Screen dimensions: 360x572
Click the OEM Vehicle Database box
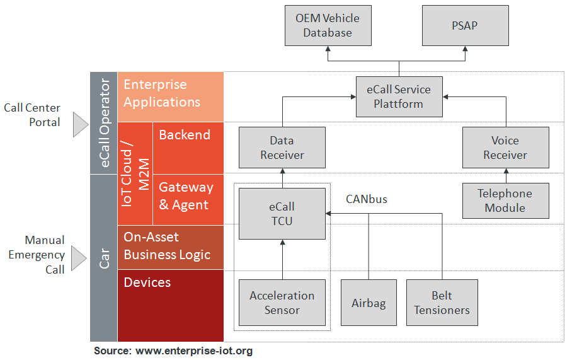click(327, 25)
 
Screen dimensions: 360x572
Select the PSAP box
click(465, 25)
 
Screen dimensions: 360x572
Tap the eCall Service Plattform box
click(398, 96)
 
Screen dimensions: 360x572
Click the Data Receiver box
click(282, 148)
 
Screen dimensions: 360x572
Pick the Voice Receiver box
click(505, 148)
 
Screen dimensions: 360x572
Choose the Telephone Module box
click(505, 200)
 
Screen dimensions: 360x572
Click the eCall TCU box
click(282, 214)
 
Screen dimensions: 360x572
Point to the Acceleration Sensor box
click(282, 303)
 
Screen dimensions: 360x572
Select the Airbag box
click(368, 303)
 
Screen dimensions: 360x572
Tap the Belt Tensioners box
click(442, 303)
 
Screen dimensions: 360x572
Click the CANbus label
click(366, 199)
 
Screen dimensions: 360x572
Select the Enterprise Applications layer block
click(171, 96)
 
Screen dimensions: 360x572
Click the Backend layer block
click(188, 148)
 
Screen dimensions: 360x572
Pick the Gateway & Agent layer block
click(188, 199)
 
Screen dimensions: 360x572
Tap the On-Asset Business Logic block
click(171, 247)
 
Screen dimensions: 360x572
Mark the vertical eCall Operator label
click(104, 123)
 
